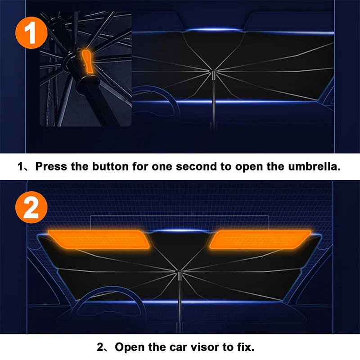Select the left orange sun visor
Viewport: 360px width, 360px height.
coord(99,238)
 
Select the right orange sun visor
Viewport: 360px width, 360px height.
coord(260,238)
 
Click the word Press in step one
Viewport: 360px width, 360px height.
coord(51,166)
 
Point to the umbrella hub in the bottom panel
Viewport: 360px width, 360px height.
coord(180,276)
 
